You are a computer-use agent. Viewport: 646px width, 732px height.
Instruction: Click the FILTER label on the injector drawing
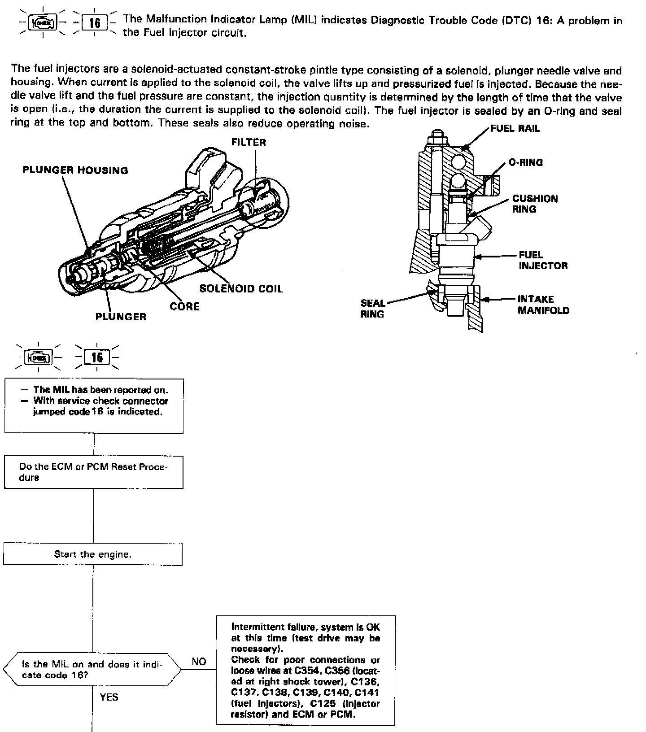coord(249,143)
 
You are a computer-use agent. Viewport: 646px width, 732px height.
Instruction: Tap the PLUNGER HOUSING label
coord(75,170)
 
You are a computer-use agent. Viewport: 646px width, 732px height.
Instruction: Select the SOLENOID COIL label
coord(241,288)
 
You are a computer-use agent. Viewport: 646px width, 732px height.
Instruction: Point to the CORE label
coord(184,307)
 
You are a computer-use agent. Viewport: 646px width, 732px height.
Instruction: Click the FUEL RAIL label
coord(515,129)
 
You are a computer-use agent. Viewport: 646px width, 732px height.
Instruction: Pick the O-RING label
coord(525,162)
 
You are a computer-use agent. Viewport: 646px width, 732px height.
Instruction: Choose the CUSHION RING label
coord(535,204)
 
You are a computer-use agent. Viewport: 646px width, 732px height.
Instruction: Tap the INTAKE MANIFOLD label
coord(543,305)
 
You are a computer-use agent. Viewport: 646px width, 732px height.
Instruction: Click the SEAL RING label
coord(372,309)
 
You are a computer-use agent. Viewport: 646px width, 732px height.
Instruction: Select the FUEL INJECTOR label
coord(543,260)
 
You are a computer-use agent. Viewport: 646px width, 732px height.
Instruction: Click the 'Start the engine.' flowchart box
coord(93,554)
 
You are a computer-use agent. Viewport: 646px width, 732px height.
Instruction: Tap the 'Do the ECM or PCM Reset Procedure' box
coord(94,472)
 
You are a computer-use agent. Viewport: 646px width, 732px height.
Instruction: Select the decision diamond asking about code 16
coord(92,670)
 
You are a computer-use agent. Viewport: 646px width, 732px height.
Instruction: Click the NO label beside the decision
coord(199,661)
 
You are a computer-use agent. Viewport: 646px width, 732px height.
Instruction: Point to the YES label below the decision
coord(109,697)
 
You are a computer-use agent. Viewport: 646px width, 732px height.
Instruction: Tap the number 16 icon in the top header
coord(95,22)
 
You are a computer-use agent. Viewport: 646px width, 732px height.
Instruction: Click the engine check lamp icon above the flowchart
coord(39,357)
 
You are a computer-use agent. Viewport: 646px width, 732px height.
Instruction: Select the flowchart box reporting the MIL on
coord(94,406)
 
